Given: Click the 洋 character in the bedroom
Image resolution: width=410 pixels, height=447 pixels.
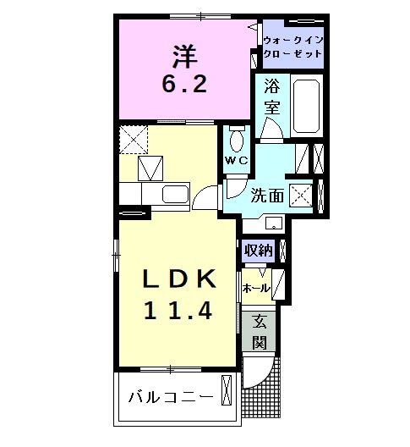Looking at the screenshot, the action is point(185,56).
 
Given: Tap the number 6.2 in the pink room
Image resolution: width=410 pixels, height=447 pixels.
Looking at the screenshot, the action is point(184,84).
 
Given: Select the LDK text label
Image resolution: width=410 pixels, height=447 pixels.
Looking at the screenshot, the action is point(179,279).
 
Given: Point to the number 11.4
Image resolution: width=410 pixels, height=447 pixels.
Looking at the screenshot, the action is point(178,311).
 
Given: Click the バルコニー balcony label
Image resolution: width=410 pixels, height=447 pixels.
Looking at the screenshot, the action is point(171,397).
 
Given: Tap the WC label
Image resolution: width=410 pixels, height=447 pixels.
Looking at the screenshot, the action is point(237,161).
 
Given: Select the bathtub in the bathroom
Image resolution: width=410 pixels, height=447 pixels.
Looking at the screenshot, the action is point(306,106).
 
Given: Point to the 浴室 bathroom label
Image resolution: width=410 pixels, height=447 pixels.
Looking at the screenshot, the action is point(272,96).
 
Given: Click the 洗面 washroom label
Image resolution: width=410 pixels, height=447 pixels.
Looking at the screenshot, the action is point(267,196).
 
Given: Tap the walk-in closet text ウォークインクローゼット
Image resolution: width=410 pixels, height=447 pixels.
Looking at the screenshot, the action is point(293,47).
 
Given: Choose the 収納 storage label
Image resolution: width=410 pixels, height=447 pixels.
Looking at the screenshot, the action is point(258,251).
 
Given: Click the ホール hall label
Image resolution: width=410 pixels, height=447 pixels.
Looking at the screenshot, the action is point(256,289).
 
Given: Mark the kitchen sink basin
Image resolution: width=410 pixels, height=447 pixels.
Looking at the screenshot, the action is point(175,194).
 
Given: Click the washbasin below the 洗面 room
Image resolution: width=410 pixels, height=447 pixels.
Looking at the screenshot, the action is point(275,223).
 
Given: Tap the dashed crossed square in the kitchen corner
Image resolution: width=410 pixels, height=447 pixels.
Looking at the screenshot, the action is point(134,140).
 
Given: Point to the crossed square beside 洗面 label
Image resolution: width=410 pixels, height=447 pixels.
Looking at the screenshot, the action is point(301,196).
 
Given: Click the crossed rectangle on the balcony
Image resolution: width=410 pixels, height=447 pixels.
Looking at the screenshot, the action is point(227,390).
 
